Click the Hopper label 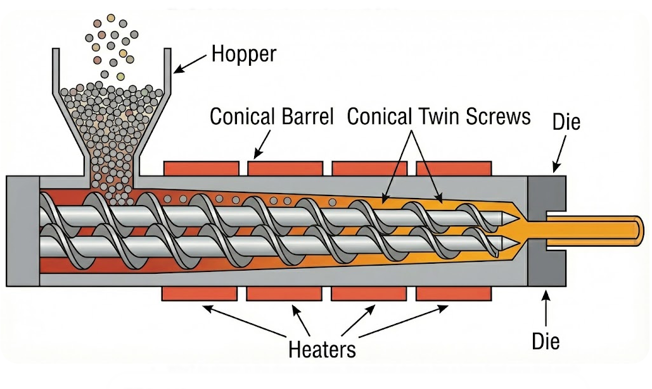tap(244, 54)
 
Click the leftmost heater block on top tap(201, 168)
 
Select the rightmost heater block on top tap(454, 168)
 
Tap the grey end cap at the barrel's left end tap(23, 231)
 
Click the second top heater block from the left tap(285, 168)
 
